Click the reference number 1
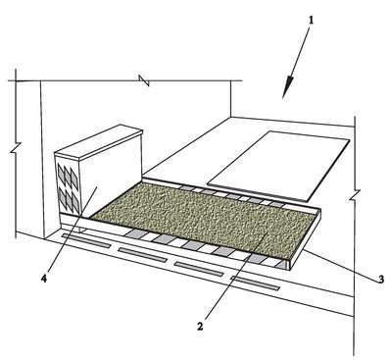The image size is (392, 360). tap(311, 21)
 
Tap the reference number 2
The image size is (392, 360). tap(200, 326)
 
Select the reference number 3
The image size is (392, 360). tap(380, 280)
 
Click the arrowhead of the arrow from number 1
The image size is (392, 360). tap(286, 87)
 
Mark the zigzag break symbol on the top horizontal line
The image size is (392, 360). tap(144, 80)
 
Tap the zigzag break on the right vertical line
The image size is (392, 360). tap(355, 195)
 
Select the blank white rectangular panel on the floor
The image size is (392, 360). tap(278, 165)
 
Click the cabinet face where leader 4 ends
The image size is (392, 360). tap(97, 187)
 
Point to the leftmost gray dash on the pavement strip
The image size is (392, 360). tap(86, 240)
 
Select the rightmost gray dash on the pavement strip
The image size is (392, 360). tap(256, 283)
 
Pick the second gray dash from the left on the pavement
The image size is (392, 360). tap(143, 255)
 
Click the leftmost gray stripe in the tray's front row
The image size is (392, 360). tap(133, 233)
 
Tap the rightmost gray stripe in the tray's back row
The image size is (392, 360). tap(276, 203)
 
